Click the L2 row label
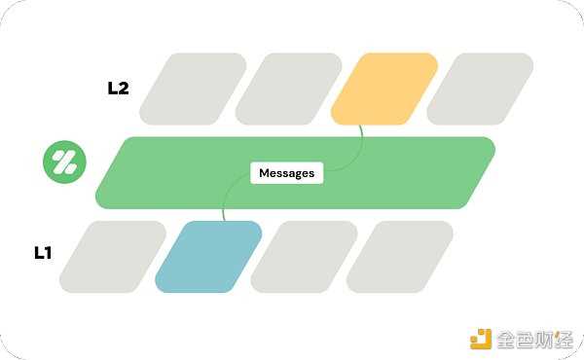point(118,88)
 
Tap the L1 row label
point(43,253)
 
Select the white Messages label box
point(286,173)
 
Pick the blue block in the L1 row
point(208,257)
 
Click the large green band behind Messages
point(409,172)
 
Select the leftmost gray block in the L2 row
point(193,89)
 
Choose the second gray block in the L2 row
point(288,89)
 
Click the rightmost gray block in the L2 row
point(480,89)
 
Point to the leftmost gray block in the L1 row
point(113,257)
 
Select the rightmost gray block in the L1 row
point(399,257)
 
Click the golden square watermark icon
point(481,338)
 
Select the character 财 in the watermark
point(547,339)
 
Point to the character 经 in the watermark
point(566,339)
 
